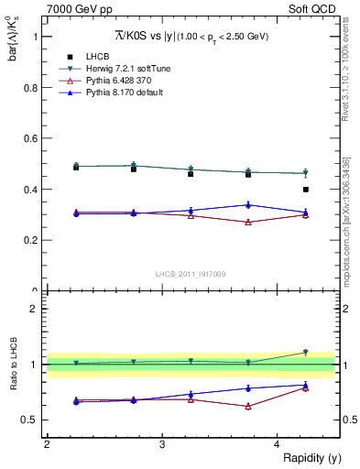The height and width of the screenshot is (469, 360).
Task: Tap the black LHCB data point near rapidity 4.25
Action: (306, 190)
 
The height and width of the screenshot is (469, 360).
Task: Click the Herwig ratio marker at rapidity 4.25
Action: (306, 352)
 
